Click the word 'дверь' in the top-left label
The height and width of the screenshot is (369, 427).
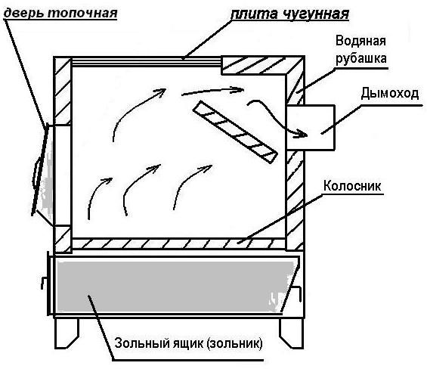point(23,13)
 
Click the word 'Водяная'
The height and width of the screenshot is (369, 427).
point(360,41)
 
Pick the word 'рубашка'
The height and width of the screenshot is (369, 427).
point(360,58)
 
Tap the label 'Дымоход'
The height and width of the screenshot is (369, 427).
point(390,94)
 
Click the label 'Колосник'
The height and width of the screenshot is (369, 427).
point(352,186)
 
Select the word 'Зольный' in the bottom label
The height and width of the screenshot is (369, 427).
point(142,343)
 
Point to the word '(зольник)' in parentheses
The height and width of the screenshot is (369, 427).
point(234,343)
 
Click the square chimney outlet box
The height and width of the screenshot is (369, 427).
point(310,127)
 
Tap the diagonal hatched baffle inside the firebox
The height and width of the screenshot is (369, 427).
point(235,132)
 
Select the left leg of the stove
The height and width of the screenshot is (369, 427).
point(67,333)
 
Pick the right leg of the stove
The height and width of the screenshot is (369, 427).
point(292,333)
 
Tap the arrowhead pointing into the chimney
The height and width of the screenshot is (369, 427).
point(302,133)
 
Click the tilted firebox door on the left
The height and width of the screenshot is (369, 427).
point(40,169)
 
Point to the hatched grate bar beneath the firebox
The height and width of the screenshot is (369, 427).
point(178,243)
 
